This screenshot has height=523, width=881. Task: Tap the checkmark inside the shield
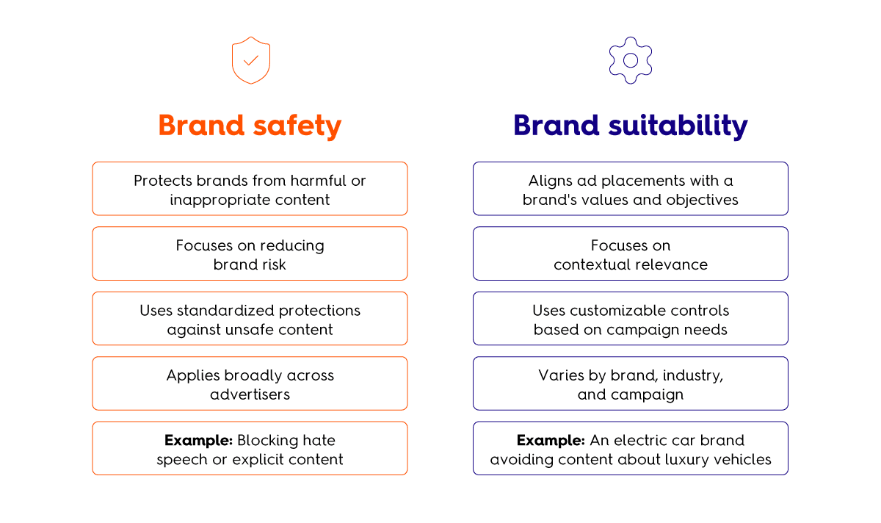pyautogui.click(x=250, y=60)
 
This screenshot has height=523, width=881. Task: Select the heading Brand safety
pyautogui.click(x=250, y=126)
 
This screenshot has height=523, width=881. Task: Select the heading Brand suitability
pyautogui.click(x=631, y=126)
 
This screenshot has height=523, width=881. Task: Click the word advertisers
pyautogui.click(x=250, y=394)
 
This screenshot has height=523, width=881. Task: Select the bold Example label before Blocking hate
pyautogui.click(x=199, y=440)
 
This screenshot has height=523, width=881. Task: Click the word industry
pyautogui.click(x=692, y=375)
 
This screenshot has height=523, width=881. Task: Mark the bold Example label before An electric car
pyautogui.click(x=551, y=440)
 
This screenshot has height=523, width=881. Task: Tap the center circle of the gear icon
pyautogui.click(x=631, y=54)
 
